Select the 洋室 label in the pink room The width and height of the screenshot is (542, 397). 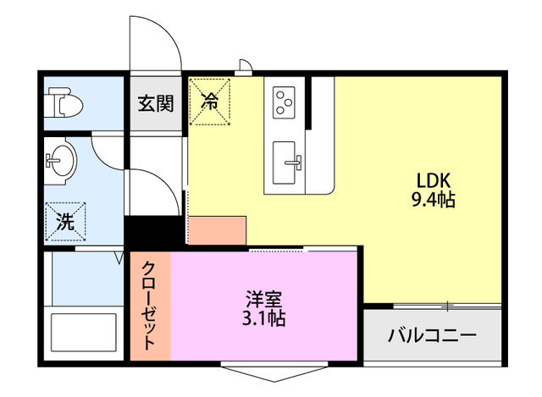click(x=265, y=299)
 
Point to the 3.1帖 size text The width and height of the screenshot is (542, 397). click(x=265, y=319)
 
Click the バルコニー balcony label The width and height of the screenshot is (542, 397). click(x=432, y=335)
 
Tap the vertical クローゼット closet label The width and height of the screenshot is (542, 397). click(x=149, y=305)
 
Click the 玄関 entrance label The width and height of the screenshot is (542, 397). click(x=156, y=104)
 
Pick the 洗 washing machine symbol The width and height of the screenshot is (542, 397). click(x=65, y=222)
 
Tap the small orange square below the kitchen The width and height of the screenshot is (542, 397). click(x=217, y=230)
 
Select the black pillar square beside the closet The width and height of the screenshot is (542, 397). click(x=153, y=233)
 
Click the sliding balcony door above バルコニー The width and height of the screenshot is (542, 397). click(x=433, y=305)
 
